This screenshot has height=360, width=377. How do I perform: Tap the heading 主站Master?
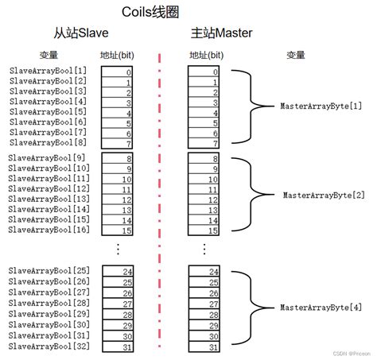(x=222, y=33)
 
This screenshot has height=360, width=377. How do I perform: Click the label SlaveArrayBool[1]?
(x=49, y=71)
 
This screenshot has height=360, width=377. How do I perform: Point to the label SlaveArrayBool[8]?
(x=49, y=143)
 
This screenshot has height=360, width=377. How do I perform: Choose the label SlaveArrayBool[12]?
(x=49, y=189)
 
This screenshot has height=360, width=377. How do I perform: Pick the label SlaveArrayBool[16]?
(x=49, y=229)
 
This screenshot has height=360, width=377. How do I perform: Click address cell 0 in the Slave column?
(x=117, y=72)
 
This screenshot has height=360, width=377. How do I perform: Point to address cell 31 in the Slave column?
(x=117, y=346)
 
